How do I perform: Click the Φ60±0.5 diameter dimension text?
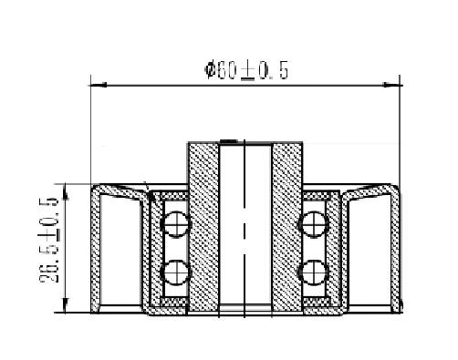(246, 70)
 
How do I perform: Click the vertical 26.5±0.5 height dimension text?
(48, 240)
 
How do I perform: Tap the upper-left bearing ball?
(175, 224)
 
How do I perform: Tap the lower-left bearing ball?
(175, 273)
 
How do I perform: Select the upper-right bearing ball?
(314, 224)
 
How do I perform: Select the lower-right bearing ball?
(314, 273)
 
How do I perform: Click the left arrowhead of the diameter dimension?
(98, 85)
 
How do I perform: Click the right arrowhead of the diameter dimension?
(391, 85)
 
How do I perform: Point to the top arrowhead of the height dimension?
(66, 192)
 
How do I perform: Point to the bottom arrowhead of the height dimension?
(66, 304)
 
